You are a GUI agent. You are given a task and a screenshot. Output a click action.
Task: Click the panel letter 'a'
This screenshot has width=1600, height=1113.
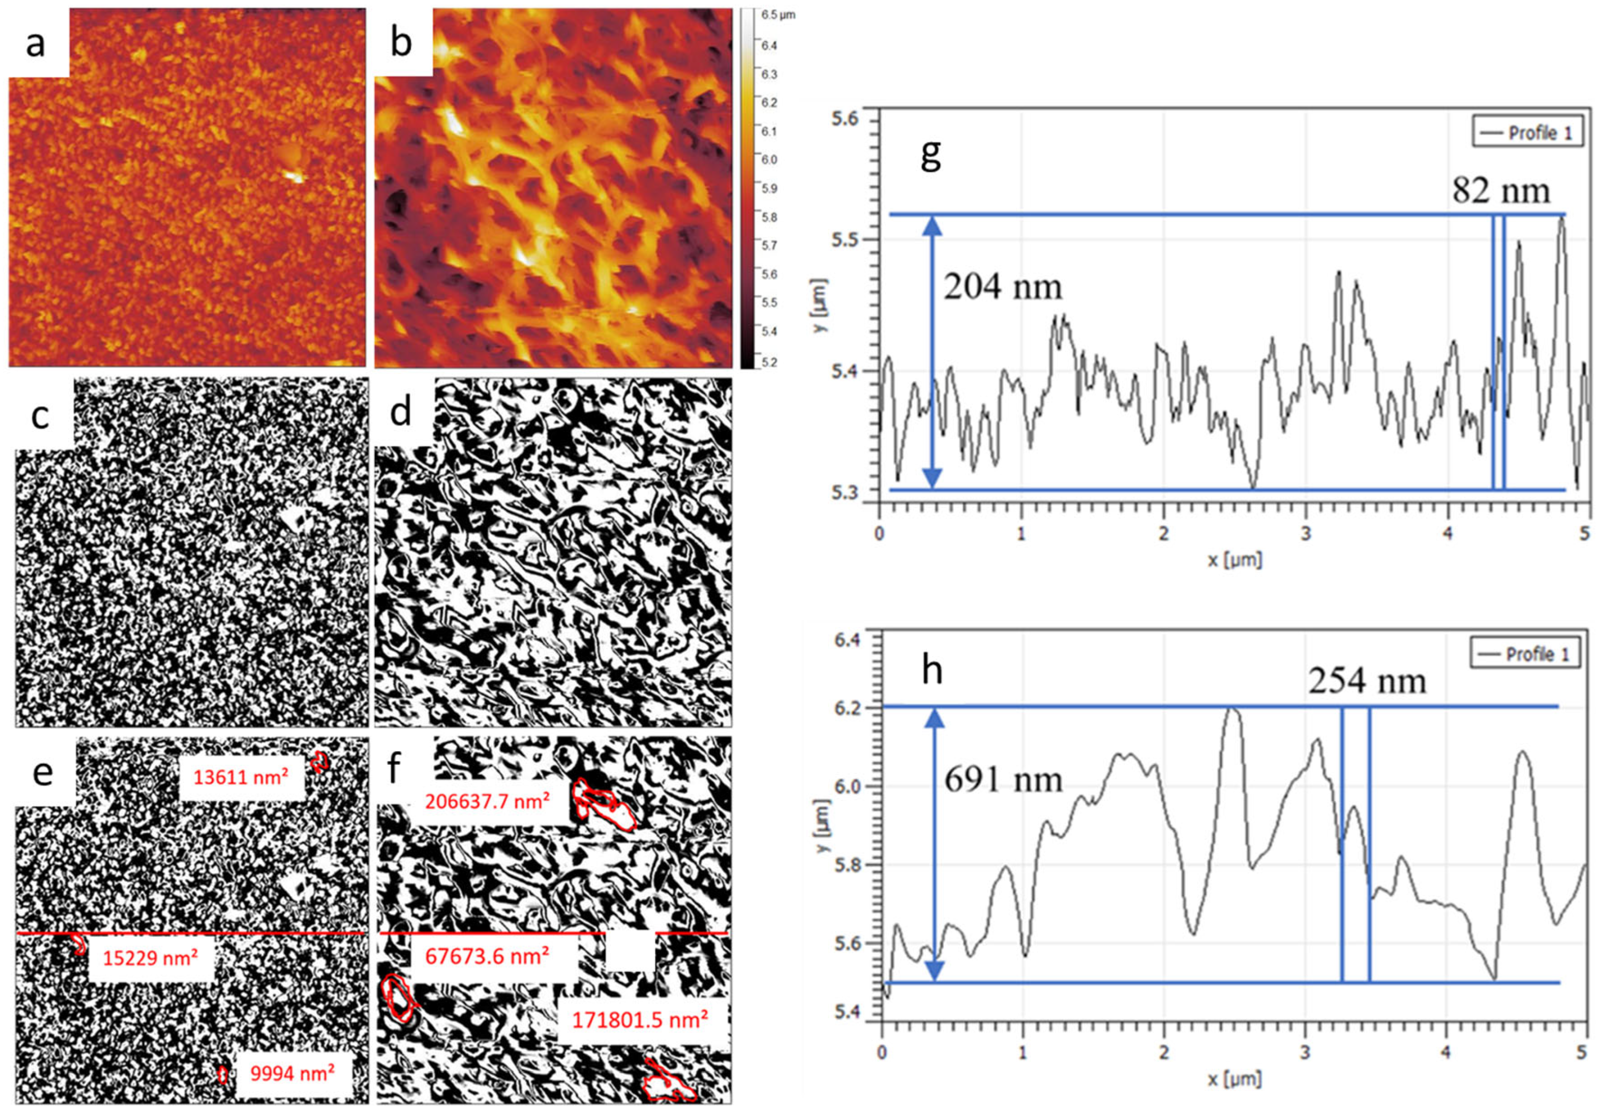(36, 43)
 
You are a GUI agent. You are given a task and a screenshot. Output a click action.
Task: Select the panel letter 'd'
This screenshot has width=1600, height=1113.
(401, 413)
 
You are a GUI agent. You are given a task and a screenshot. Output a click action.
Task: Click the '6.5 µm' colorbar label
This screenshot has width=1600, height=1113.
(778, 15)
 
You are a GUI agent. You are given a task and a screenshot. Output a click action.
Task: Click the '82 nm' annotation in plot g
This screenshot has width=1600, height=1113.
(1501, 190)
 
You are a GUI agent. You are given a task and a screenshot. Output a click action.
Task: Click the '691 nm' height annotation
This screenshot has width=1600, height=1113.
(1003, 779)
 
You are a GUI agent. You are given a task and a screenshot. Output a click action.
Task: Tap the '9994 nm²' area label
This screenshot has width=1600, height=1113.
(292, 1073)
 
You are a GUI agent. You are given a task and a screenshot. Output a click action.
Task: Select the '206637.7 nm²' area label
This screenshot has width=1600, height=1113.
(487, 801)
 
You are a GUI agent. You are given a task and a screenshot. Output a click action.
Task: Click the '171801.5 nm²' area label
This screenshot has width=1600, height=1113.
(640, 1021)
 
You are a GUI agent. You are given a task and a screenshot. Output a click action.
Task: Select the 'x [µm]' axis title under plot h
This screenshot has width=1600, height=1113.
(1234, 1079)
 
